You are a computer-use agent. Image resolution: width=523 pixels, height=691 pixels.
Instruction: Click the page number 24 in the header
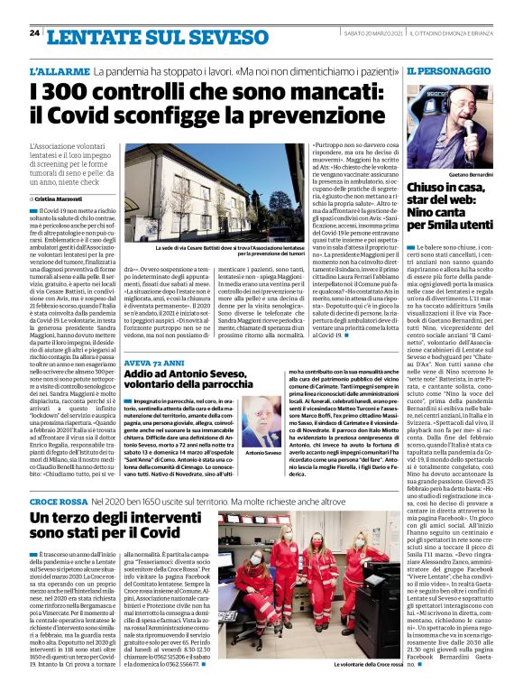click(34, 33)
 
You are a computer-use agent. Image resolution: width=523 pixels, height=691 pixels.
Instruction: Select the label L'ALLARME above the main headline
click(84, 70)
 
